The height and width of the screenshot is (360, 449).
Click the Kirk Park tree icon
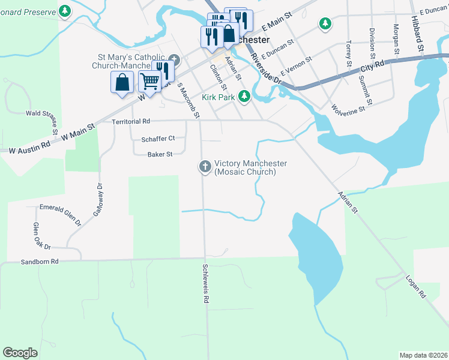tap(244, 96)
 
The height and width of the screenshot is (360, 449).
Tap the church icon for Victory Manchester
tap(204, 166)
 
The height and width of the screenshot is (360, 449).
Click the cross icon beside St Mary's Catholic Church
tap(174, 60)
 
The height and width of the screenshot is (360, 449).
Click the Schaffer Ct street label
tap(158, 139)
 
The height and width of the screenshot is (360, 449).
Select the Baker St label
tap(160, 154)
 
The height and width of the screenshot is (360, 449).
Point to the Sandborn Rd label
tap(40, 262)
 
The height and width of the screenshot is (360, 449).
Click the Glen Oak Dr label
tap(41, 236)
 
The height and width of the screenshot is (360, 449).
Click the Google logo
tap(20, 353)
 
